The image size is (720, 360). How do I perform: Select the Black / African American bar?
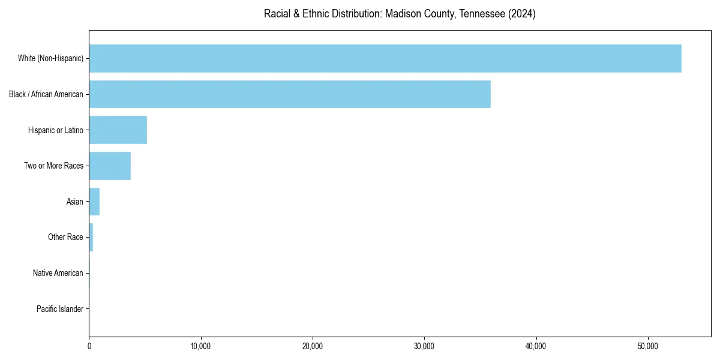click(x=290, y=94)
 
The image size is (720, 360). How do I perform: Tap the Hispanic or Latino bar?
click(x=118, y=130)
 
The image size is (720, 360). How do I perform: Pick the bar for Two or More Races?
click(x=110, y=166)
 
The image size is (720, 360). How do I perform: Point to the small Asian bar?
click(x=94, y=202)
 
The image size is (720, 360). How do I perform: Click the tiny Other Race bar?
click(x=91, y=237)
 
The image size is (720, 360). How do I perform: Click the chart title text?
click(x=400, y=14)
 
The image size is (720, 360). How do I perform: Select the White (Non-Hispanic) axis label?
click(x=50, y=58)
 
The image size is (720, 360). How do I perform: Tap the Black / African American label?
click(x=46, y=94)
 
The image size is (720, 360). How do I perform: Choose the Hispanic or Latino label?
click(x=56, y=130)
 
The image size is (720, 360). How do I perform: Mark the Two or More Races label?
click(x=53, y=166)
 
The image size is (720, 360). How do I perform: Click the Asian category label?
click(x=75, y=202)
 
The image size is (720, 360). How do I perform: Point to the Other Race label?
click(x=65, y=237)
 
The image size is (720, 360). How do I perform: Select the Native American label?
click(x=58, y=273)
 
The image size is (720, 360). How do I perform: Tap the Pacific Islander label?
click(x=60, y=309)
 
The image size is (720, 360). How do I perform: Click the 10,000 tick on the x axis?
click(x=201, y=346)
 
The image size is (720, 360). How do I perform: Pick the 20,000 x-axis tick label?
click(x=313, y=346)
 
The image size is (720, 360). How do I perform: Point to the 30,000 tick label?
click(x=424, y=346)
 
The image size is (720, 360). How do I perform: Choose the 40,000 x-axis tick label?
click(x=536, y=346)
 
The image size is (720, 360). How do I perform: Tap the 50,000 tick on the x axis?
click(x=647, y=346)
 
